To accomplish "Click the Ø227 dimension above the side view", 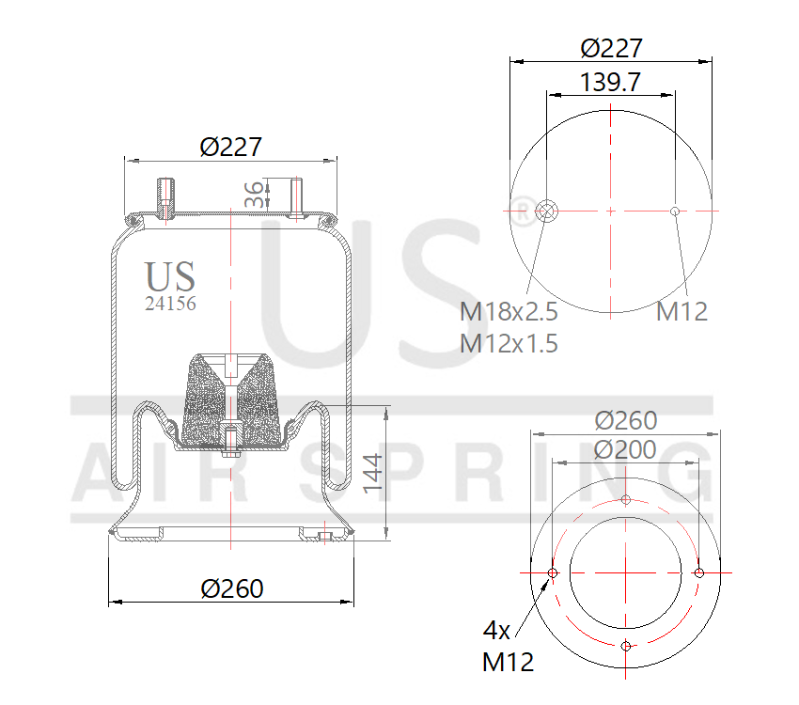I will [230, 147].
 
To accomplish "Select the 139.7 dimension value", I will [610, 82].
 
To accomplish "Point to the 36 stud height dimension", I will [253, 195].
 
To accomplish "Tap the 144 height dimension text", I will [373, 473].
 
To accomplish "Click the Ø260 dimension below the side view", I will [232, 588].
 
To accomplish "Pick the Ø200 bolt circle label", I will [625, 449].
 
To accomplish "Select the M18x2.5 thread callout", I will [509, 311].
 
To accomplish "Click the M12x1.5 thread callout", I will [509, 343].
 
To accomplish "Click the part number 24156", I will [170, 304].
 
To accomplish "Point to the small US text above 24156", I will [170, 276].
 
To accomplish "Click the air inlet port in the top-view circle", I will [546, 211].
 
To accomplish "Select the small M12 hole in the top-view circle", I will [675, 211].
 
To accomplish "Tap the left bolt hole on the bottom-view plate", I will [553, 572].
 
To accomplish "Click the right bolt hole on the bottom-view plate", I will [699, 572].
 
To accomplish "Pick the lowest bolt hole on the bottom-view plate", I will [626, 646].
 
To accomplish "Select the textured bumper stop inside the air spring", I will [230, 399].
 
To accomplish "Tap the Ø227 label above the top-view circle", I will [611, 48].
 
